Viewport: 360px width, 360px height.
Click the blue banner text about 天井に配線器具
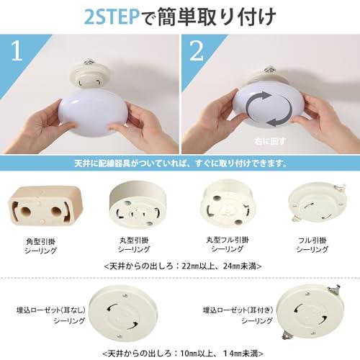(x=180, y=163)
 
